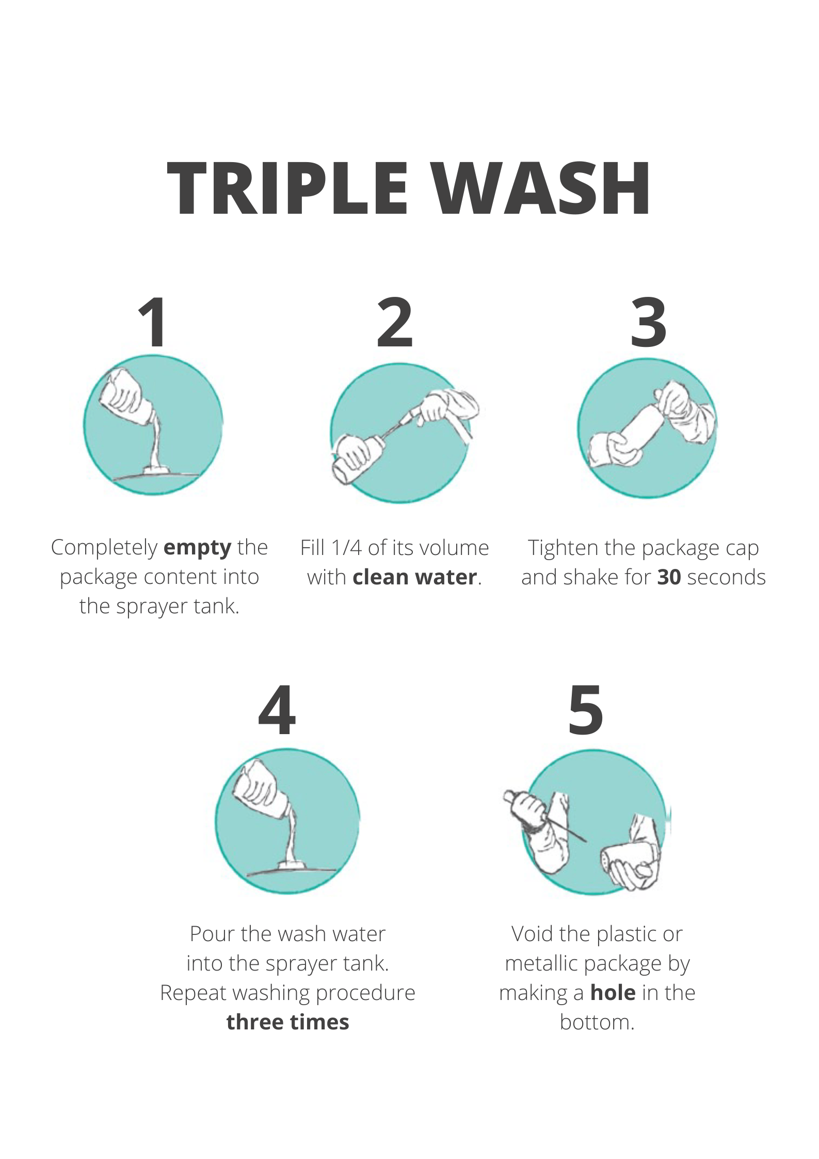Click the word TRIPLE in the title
click(x=288, y=188)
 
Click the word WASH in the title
click(x=541, y=188)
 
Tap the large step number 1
click(x=153, y=322)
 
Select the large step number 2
click(x=395, y=322)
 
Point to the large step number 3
click(x=649, y=322)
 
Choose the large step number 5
click(x=586, y=710)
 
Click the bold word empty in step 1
click(x=198, y=548)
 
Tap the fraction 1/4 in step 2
click(x=347, y=548)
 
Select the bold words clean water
click(x=415, y=577)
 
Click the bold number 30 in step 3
click(x=669, y=577)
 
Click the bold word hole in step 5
click(x=613, y=993)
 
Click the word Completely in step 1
click(x=104, y=548)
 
